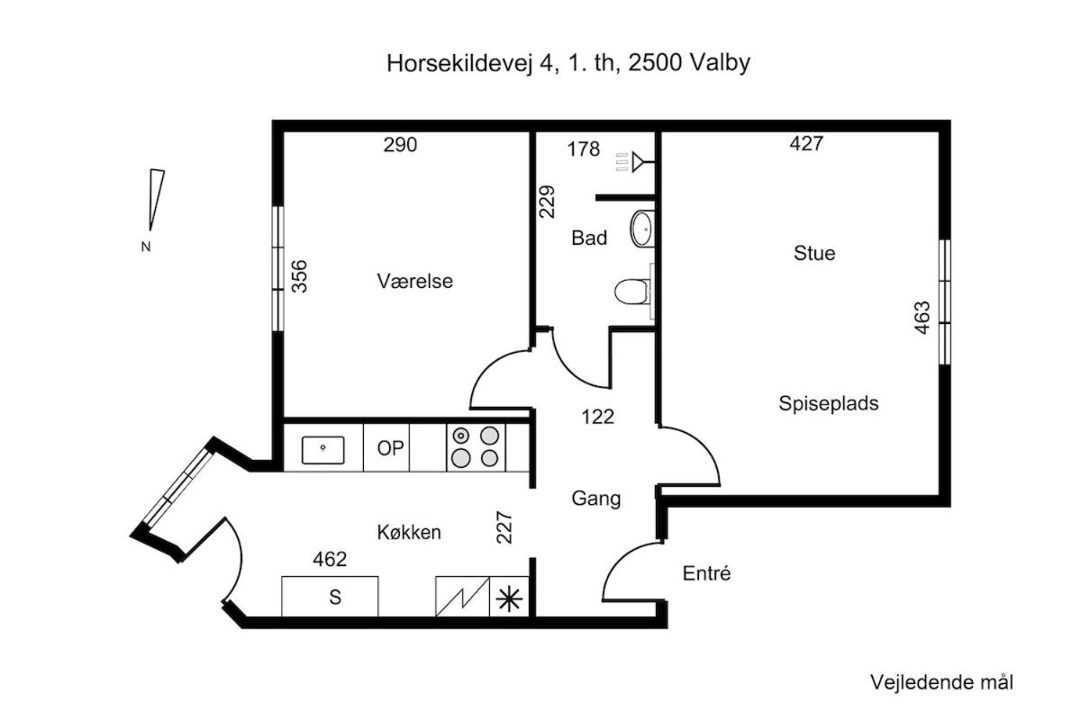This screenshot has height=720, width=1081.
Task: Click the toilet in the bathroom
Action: pos(633,292)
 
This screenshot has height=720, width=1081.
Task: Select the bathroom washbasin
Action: pos(642,229)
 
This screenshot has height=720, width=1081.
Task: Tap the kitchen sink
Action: pos(322,450)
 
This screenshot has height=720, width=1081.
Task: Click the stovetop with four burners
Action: pos(476,447)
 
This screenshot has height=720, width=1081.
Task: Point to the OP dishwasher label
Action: pos(390,448)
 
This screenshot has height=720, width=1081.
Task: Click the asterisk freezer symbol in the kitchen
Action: pos(509,599)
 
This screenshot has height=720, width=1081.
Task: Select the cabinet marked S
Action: pos(330,596)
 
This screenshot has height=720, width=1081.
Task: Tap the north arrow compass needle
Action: pos(157,200)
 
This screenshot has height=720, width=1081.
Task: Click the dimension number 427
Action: pos(806,143)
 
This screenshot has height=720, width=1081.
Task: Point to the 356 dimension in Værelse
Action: pos(299,276)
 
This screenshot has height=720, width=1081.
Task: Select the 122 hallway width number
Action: pos(597,417)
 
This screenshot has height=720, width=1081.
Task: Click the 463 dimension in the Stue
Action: pos(922,318)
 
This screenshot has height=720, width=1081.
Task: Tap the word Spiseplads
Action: pos(829,403)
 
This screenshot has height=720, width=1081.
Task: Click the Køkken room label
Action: pos(409,533)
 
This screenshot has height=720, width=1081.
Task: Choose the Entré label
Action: pos(706,573)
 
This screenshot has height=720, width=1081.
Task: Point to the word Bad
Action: pos(589,238)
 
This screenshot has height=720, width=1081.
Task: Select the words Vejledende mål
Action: pos(941,682)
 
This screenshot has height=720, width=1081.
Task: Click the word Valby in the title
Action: pos(720,63)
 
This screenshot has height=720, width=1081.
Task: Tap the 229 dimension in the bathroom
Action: pos(547,202)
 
